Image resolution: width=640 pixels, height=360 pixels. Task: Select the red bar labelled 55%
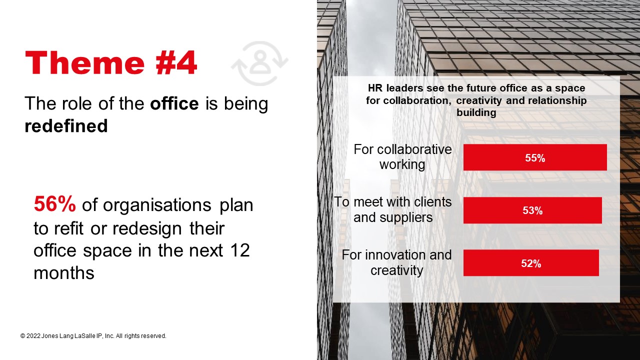(535, 157)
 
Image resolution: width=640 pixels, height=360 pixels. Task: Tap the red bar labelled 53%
(532, 210)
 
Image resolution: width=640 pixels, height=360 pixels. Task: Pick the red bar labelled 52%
(531, 263)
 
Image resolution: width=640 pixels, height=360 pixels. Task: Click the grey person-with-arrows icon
(259, 63)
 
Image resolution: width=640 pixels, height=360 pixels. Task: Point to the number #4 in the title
(176, 63)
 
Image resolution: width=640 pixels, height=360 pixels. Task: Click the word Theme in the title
(85, 63)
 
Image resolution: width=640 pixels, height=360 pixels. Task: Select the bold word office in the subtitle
(174, 103)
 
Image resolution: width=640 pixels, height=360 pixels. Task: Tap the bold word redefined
(66, 125)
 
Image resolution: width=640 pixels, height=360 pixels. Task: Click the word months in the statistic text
(64, 273)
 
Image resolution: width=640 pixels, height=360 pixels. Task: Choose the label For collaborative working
(402, 157)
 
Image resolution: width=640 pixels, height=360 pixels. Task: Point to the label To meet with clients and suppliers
(393, 209)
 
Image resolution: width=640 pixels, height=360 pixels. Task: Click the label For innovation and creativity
(396, 263)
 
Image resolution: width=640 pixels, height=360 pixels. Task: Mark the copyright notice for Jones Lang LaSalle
(93, 336)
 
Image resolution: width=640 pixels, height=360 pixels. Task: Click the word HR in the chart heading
(375, 88)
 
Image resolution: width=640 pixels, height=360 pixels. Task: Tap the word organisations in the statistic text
(157, 205)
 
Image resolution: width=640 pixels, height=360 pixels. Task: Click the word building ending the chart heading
(476, 112)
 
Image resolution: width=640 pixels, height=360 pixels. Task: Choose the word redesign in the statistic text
(147, 228)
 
